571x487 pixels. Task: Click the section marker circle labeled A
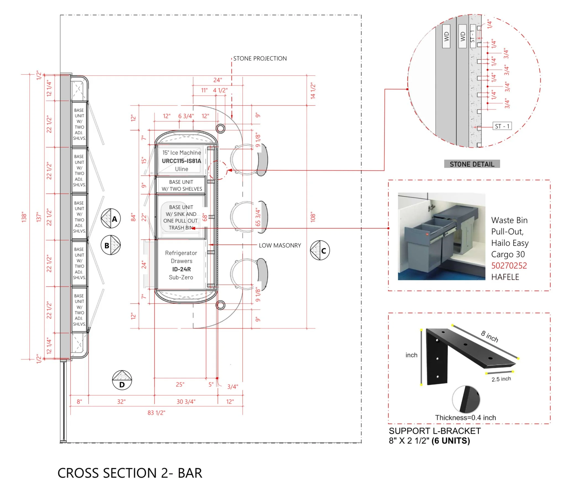111,219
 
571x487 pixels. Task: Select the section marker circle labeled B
111,245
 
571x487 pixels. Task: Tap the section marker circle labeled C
320,250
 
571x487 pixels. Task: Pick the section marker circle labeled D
122,380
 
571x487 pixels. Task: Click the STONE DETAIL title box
472,164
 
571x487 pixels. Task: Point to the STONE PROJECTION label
260,58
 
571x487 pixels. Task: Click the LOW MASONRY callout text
280,245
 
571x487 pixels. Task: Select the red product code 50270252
509,266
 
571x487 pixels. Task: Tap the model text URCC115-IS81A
181,161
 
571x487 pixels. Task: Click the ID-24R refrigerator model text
181,269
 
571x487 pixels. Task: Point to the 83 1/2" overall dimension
156,413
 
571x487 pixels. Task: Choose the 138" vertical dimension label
24,217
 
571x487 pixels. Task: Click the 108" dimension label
313,217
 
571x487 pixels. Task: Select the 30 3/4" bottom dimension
186,402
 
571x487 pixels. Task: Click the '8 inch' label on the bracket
490,336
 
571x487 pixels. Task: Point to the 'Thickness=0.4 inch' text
466,418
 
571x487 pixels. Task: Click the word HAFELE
505,277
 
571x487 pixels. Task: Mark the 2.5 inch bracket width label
501,379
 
